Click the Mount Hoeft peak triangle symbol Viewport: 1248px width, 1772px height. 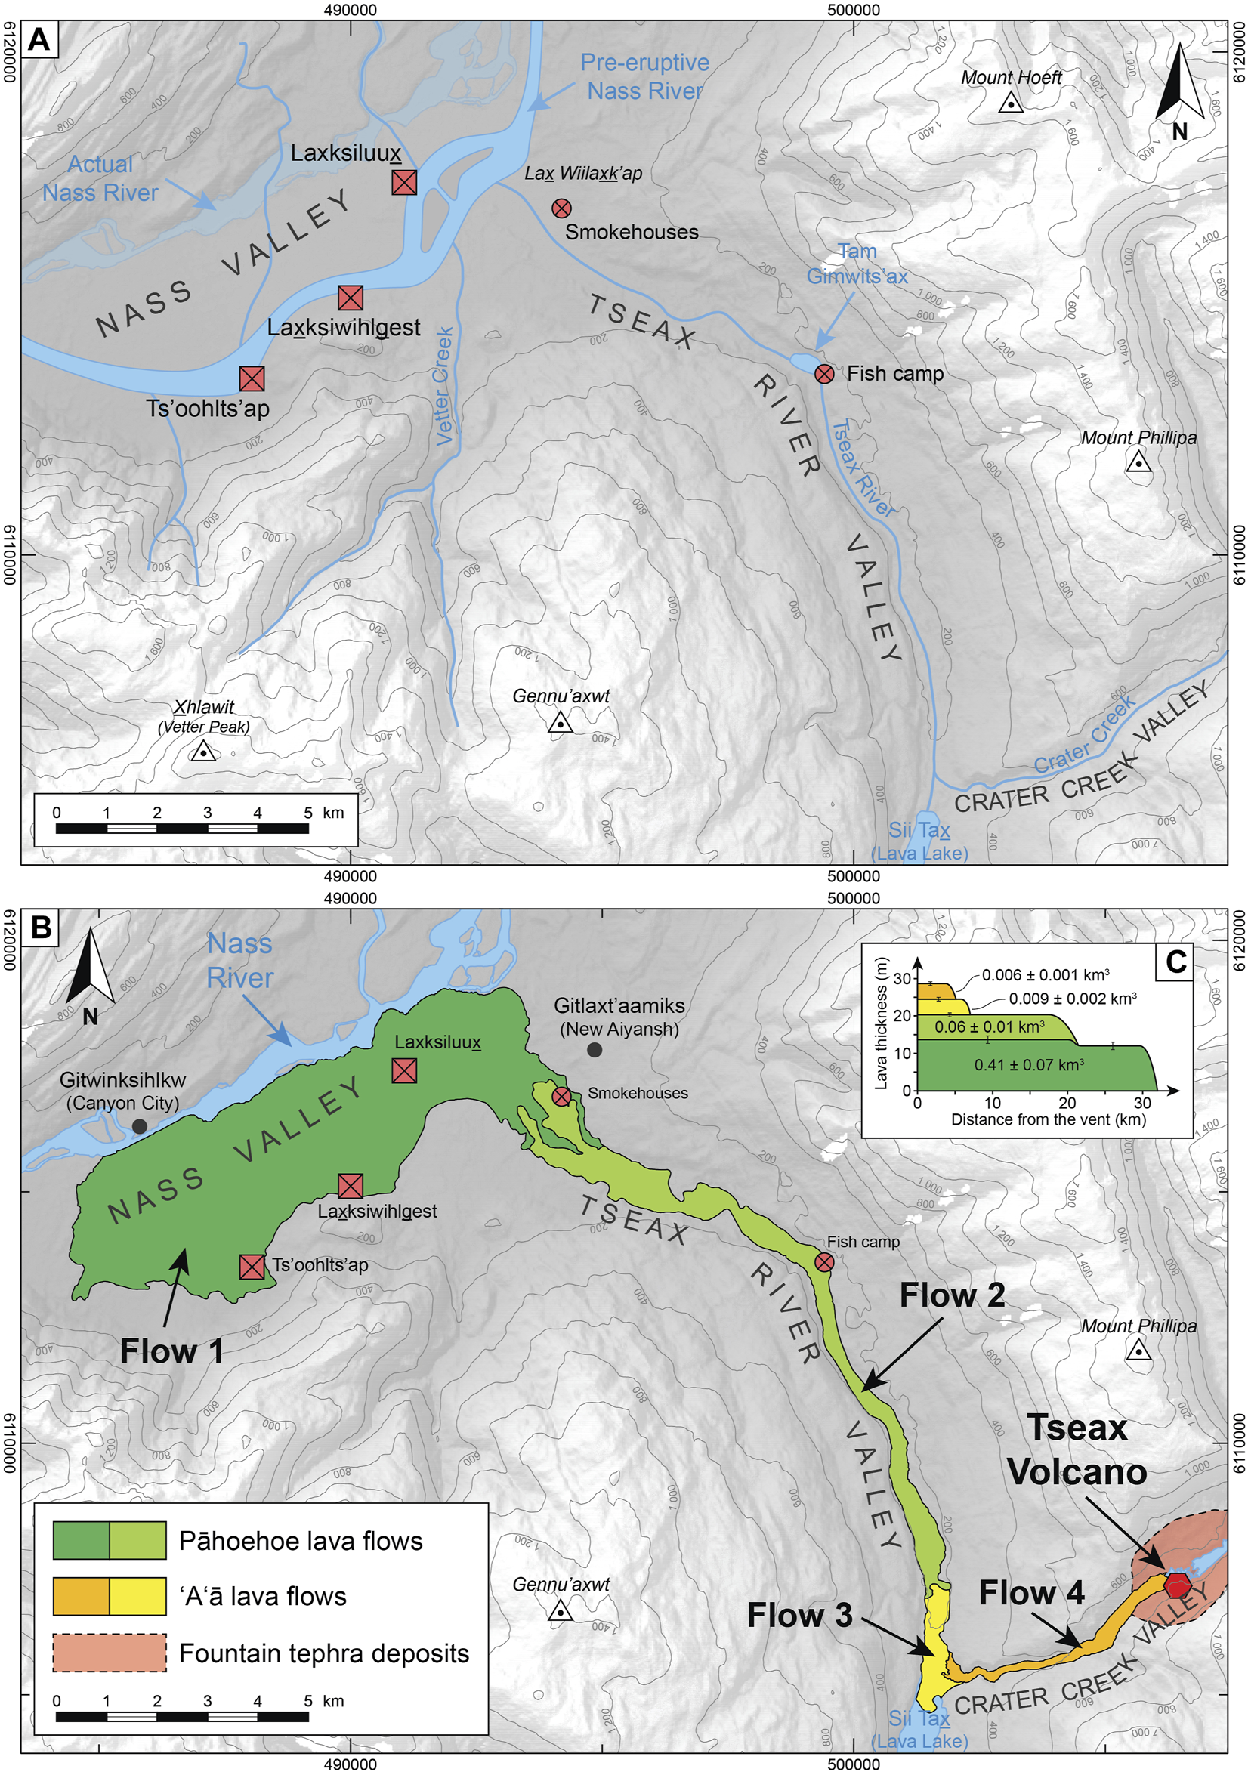coord(1009,103)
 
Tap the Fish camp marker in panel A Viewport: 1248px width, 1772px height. coord(824,375)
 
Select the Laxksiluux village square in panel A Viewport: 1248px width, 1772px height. coord(404,182)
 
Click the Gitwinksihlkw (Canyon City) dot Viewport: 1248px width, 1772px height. coord(140,1126)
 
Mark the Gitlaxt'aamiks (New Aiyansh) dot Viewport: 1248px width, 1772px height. coord(595,1050)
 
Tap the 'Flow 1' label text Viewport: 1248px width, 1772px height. coord(171,1351)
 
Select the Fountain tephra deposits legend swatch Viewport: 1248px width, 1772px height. coord(110,1653)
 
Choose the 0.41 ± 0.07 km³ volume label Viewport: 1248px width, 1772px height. coord(1029,1065)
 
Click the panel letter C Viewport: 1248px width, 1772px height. coord(1176,962)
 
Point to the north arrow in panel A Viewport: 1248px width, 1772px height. coord(1178,89)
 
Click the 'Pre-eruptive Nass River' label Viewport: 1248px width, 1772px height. coord(644,76)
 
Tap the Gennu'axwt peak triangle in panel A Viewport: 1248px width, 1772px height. coord(560,723)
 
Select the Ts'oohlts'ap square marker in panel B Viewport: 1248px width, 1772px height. coord(252,1267)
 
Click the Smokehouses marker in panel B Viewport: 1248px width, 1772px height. coord(562,1096)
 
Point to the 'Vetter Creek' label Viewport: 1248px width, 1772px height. coord(444,386)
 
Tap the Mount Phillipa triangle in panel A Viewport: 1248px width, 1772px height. coord(1138,463)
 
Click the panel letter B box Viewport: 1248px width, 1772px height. coord(40,926)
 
